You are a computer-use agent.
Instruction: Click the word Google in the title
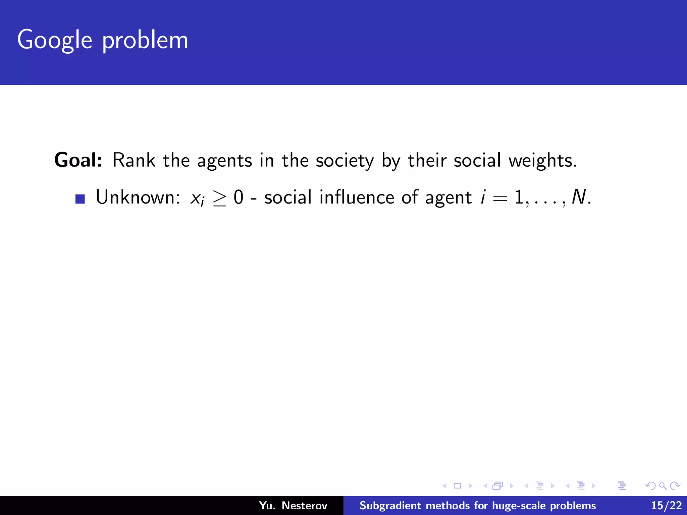(54, 40)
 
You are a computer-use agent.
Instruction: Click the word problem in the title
(145, 40)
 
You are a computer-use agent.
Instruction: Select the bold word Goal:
(78, 160)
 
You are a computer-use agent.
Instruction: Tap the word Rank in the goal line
(134, 160)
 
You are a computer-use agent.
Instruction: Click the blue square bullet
(80, 199)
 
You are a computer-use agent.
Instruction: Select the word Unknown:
(138, 197)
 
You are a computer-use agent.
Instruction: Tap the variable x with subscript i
(197, 198)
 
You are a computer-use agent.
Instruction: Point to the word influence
(357, 197)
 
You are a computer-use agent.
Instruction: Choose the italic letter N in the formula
(578, 197)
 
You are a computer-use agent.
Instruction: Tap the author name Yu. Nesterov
(293, 505)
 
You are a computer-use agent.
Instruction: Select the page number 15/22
(666, 505)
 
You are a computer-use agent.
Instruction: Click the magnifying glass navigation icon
(663, 486)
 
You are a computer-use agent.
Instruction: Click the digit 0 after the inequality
(238, 197)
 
